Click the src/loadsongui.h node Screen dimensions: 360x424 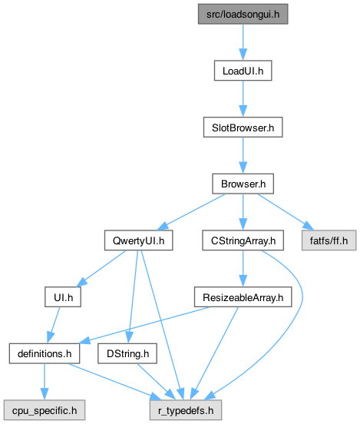(x=243, y=14)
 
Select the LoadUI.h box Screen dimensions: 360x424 (x=243, y=71)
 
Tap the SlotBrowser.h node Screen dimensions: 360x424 (x=243, y=127)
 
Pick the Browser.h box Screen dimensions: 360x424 (x=243, y=184)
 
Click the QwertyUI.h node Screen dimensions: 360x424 (x=138, y=240)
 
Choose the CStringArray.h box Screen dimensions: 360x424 (x=243, y=240)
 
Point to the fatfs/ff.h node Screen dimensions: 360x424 (x=329, y=240)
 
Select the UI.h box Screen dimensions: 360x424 (x=63, y=297)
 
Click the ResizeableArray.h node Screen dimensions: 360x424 (x=243, y=297)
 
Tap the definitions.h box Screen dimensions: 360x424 (x=45, y=353)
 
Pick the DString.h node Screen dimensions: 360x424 (x=127, y=353)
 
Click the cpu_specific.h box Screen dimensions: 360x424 (x=45, y=410)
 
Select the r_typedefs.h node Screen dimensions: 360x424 (x=186, y=410)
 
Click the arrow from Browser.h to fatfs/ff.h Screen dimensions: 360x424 (x=286, y=212)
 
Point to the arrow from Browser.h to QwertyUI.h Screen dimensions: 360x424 (x=191, y=212)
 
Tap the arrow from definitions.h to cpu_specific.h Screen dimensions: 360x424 (x=45, y=382)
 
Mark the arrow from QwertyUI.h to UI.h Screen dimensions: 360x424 (x=101, y=269)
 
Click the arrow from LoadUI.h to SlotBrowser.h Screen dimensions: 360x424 (x=243, y=98)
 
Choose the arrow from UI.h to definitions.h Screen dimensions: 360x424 (x=54, y=325)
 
